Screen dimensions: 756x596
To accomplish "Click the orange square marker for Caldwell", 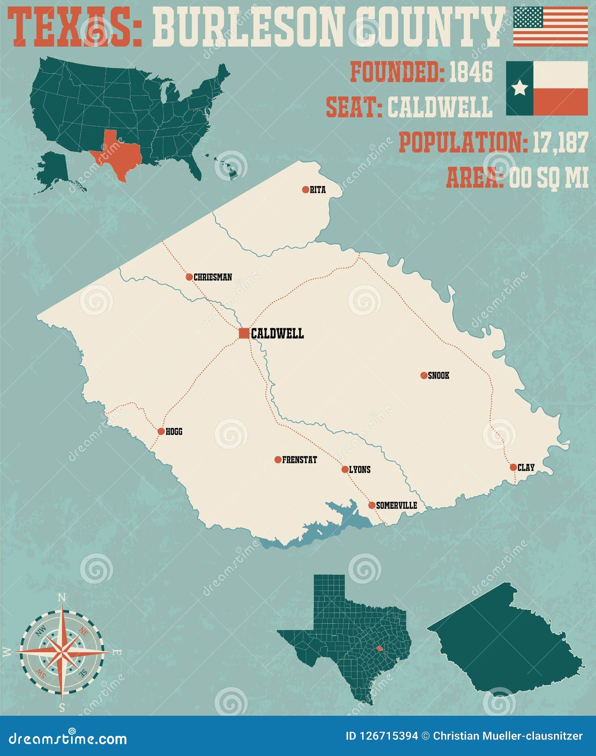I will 244,333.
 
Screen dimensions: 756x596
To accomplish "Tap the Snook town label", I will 438,376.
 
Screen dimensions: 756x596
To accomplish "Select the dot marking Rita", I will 305,190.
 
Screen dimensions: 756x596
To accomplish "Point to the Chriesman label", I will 212,277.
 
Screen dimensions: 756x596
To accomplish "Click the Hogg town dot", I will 161,432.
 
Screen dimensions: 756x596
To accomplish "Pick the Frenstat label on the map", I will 299,460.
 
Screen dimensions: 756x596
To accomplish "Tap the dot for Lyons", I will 345,469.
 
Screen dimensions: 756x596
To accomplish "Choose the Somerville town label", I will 396,505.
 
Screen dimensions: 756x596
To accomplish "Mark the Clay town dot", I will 513,467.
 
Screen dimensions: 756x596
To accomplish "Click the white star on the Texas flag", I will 520,88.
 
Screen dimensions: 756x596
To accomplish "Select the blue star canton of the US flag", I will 528,17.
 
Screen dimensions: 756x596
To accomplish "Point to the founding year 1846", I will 470,72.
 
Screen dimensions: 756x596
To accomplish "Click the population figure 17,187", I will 559,143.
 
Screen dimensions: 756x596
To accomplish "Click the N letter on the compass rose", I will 62,598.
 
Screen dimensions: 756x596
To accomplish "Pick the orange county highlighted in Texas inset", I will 379,648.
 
